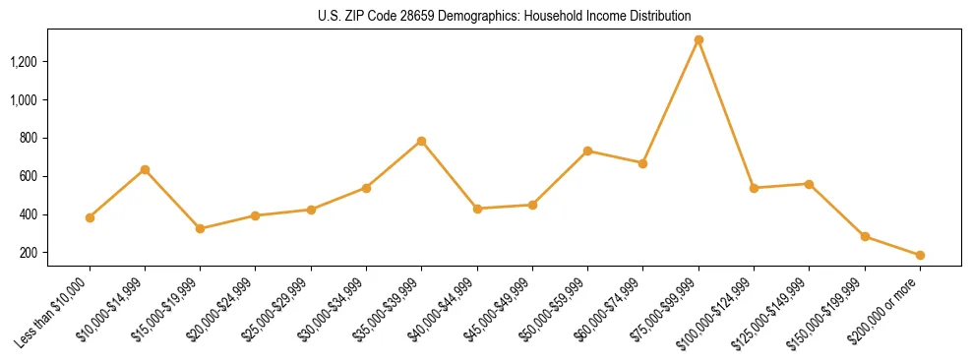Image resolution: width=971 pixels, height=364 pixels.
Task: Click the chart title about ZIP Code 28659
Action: click(x=505, y=16)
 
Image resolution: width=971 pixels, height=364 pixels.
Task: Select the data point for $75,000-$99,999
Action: click(x=698, y=40)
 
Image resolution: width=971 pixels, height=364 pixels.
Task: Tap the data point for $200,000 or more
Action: click(x=920, y=256)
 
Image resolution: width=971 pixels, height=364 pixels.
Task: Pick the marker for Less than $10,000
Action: click(x=90, y=217)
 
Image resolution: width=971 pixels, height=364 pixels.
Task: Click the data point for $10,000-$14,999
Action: click(x=145, y=170)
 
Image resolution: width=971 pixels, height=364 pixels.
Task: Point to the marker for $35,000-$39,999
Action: click(x=421, y=142)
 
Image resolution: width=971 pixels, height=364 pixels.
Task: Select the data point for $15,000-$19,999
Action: click(x=200, y=228)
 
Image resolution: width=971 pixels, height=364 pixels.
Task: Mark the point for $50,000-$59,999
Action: click(x=587, y=151)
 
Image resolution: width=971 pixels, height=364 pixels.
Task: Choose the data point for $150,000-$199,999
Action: click(x=865, y=236)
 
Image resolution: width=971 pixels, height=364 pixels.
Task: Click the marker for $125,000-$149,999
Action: click(x=809, y=184)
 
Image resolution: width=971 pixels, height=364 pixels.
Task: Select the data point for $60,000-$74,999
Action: click(x=642, y=163)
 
